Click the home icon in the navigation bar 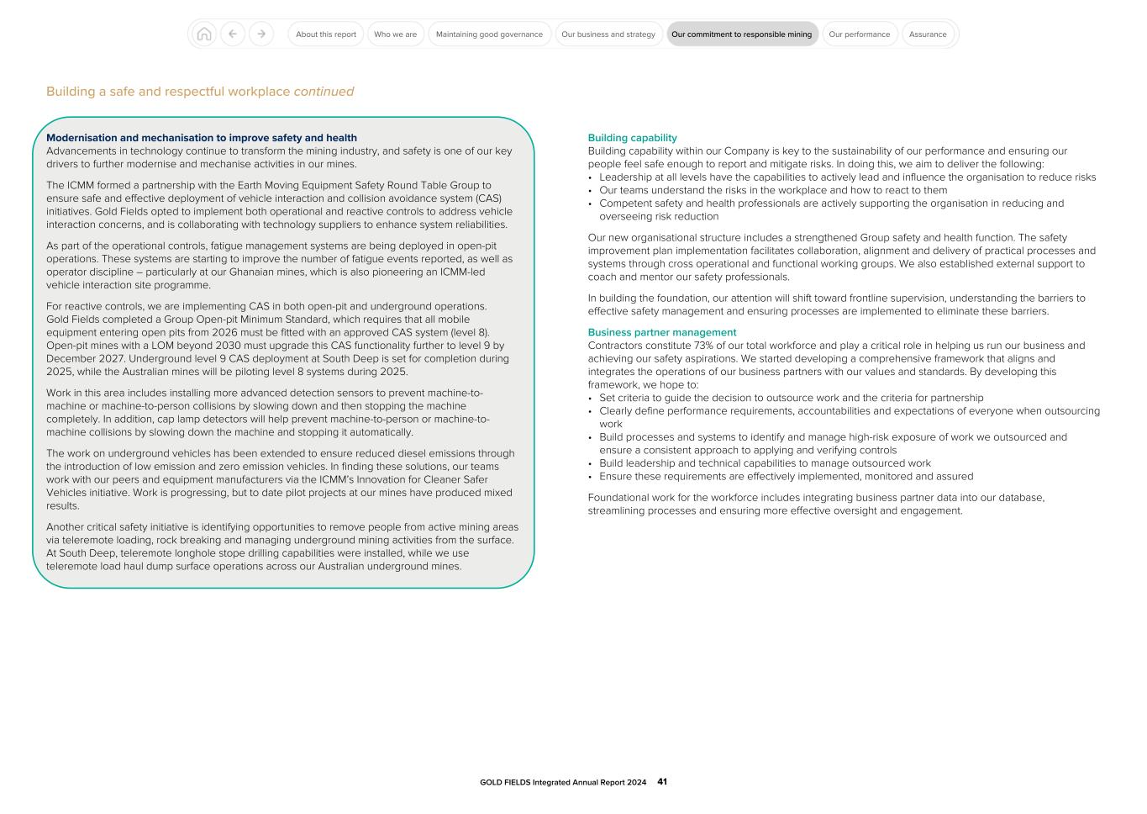203,34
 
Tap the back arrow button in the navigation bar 233,34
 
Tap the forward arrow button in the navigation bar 261,34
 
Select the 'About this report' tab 326,34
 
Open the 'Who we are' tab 395,34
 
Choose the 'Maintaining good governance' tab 489,34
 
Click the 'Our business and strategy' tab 608,34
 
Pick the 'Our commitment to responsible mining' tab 742,34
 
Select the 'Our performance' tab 859,34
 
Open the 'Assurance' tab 928,34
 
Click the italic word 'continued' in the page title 324,92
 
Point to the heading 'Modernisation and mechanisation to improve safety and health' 202,138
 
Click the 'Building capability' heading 632,138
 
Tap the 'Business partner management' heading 662,332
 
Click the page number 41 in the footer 662,782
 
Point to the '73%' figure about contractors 703,346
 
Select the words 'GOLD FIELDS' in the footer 505,782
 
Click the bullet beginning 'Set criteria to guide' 791,398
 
